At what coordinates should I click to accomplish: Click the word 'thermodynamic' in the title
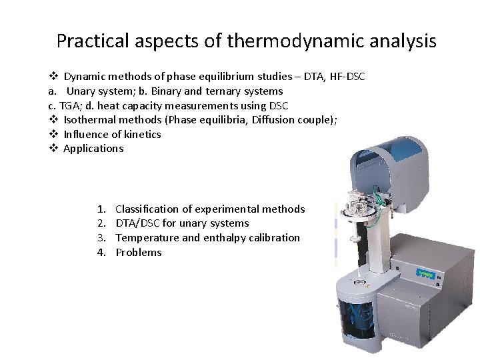coord(291,41)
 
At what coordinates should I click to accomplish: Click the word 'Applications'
coord(93,149)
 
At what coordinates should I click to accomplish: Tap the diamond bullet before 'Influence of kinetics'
coord(53,134)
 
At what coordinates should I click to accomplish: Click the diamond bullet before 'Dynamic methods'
coord(53,77)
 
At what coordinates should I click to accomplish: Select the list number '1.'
coord(101,209)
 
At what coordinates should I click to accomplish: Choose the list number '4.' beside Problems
coord(101,253)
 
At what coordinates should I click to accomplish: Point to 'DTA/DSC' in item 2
coord(137,223)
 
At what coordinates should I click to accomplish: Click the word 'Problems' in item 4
coord(139,253)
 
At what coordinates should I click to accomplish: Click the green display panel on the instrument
coord(425,273)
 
